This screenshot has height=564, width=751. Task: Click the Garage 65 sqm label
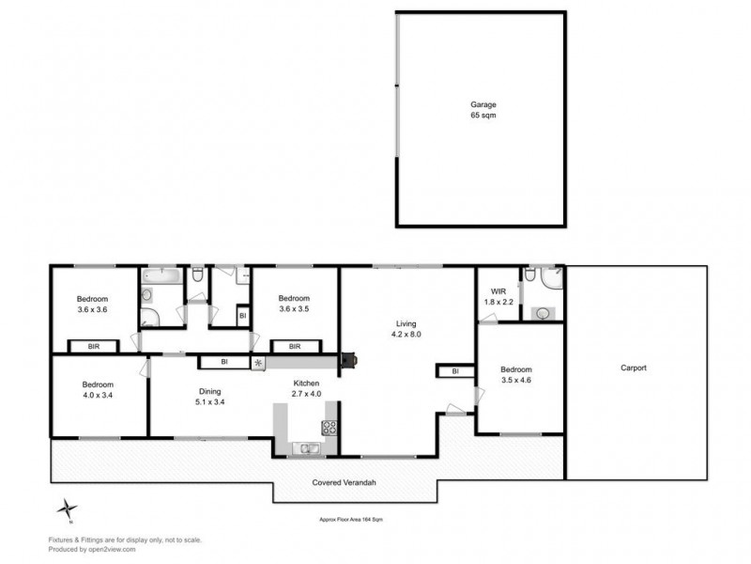[483, 109]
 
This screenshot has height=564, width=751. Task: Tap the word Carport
[634, 368]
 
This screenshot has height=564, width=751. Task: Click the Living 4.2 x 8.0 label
[406, 329]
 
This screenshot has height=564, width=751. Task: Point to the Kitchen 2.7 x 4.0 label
[306, 389]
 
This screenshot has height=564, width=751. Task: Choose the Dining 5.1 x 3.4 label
[208, 397]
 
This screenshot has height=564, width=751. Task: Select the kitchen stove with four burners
[330, 428]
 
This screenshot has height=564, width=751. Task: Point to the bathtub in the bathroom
[163, 275]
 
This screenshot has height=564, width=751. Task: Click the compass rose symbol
[65, 509]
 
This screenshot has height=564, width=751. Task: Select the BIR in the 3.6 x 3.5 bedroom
[294, 346]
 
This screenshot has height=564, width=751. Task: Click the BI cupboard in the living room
[454, 371]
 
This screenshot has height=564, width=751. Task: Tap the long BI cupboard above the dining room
[225, 361]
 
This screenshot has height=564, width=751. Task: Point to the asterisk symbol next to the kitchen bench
[257, 362]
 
